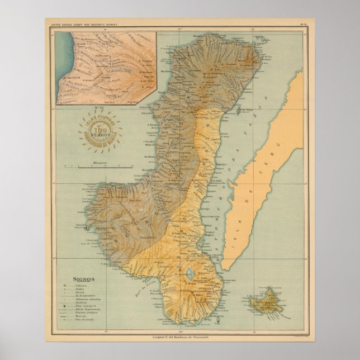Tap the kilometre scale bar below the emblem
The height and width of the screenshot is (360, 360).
(x=106, y=167)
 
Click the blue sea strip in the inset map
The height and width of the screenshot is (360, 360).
(x=63, y=67)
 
